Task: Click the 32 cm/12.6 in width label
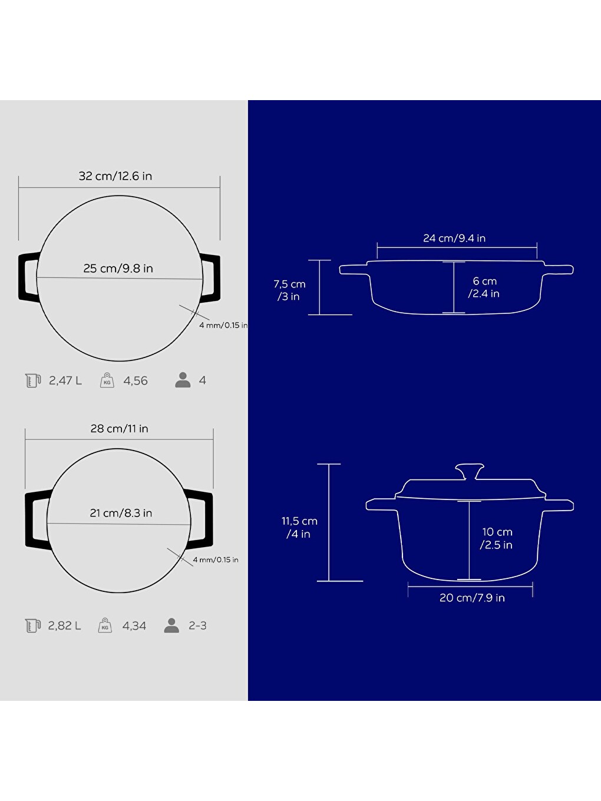[115, 176]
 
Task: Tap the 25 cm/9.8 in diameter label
[118, 269]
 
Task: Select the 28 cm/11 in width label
[120, 428]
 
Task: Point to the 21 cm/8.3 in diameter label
[121, 513]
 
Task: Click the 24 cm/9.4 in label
[454, 239]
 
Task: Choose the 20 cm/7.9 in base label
[472, 598]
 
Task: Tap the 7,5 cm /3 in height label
[289, 290]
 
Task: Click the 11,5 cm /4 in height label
[299, 527]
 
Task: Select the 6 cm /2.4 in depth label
[484, 287]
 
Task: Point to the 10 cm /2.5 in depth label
[497, 538]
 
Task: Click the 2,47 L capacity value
[65, 380]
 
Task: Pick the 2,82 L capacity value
[65, 626]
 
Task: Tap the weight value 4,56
[136, 381]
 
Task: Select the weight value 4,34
[134, 626]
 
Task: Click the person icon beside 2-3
[171, 625]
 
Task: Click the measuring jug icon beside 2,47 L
[33, 380]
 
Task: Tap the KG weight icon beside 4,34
[105, 625]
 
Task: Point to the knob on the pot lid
[470, 471]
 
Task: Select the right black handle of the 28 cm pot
[200, 521]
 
